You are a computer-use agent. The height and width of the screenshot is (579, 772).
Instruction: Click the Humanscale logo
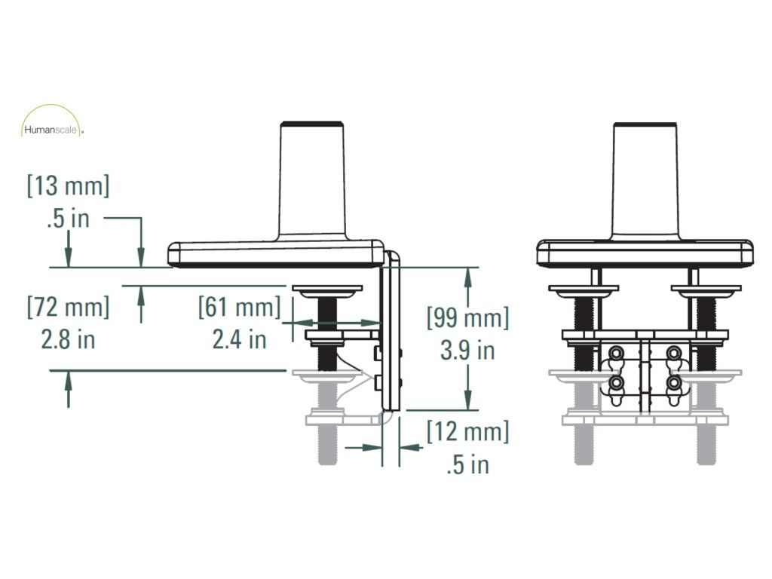[53, 121]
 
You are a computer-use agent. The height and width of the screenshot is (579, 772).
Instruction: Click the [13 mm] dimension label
[68, 186]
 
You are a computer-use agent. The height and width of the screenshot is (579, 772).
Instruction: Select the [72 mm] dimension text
[68, 308]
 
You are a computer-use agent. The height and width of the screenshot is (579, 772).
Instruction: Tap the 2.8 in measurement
[68, 340]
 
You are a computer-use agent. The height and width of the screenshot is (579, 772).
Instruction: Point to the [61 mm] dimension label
[239, 308]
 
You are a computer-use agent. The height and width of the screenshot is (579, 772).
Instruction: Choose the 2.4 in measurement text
[239, 340]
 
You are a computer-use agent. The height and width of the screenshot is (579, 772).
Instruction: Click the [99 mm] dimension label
[467, 317]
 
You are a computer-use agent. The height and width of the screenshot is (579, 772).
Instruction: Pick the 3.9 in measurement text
[467, 351]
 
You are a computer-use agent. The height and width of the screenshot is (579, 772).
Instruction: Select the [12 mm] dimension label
[467, 432]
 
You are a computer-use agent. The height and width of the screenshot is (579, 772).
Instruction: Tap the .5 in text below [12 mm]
[467, 464]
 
